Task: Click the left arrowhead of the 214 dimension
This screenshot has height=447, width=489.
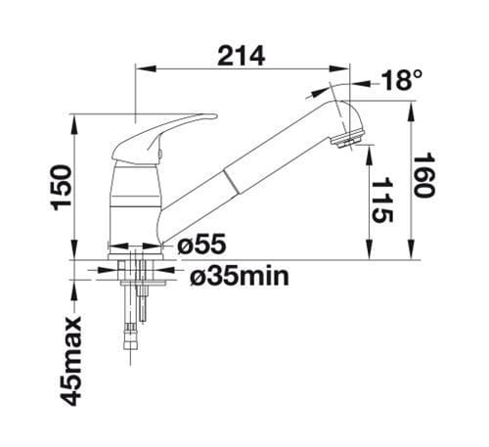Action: [139, 69]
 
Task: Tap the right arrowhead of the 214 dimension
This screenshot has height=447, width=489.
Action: [346, 69]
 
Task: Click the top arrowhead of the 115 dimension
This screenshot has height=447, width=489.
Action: [369, 149]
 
